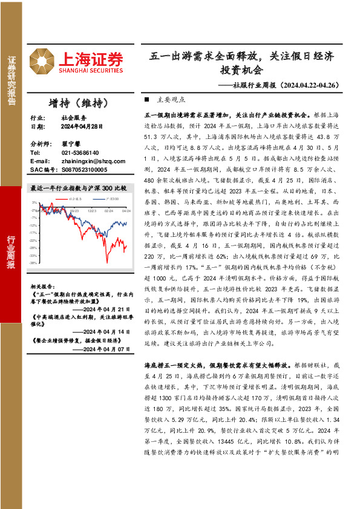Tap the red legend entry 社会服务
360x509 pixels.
[74, 198]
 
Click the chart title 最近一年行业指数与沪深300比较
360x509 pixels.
[79, 188]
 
